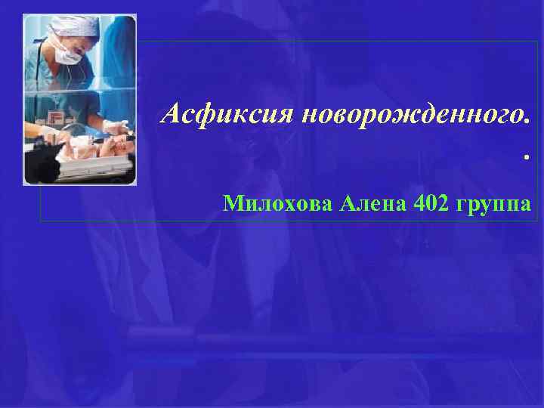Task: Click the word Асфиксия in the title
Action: tap(227, 114)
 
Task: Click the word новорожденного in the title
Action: tap(408, 114)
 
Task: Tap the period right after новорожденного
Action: tap(525, 120)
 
